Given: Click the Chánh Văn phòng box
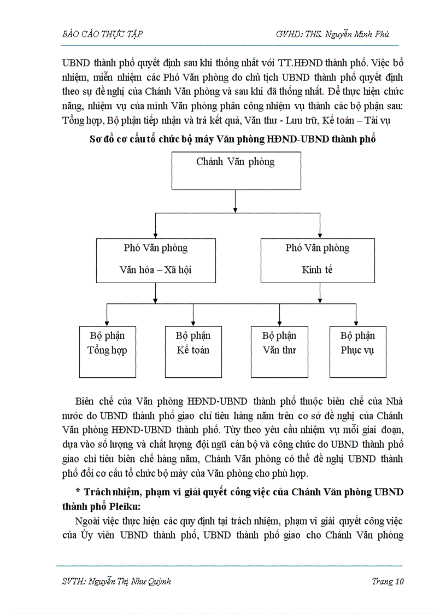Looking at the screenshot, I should (x=235, y=171).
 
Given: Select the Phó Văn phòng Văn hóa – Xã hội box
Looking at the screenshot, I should (x=156, y=260).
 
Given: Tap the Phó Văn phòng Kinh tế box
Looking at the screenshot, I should (x=318, y=260).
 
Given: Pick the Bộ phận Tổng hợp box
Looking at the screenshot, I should (x=107, y=352).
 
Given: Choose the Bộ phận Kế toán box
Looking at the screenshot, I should (x=193, y=352).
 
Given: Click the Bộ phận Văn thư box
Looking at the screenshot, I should (x=279, y=352).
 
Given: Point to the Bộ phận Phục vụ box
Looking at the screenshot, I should (x=357, y=352).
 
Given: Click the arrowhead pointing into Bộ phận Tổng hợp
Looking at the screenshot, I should (x=107, y=323).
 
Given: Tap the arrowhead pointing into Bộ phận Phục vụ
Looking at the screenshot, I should (x=356, y=323).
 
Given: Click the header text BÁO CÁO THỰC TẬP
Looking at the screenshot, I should (x=103, y=34).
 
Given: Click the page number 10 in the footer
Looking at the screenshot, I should (x=398, y=581).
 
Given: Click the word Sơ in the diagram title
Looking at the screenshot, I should (x=96, y=139).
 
